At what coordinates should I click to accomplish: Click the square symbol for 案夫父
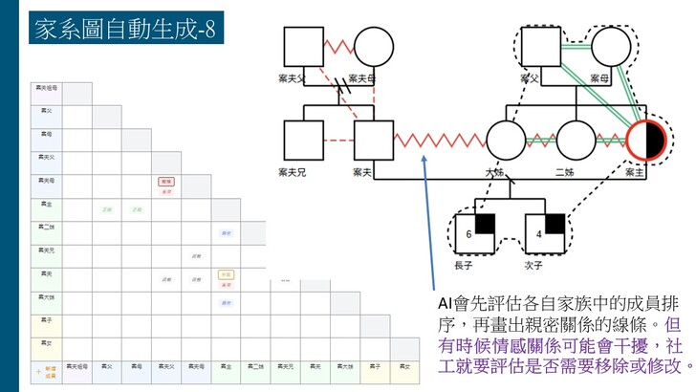pyautogui.click(x=302, y=46)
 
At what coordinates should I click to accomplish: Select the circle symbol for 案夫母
pyautogui.click(x=372, y=46)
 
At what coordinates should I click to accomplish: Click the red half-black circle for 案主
pyautogui.click(x=646, y=141)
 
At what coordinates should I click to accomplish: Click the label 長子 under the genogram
pyautogui.click(x=463, y=265)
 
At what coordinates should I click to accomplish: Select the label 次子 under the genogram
pyautogui.click(x=533, y=265)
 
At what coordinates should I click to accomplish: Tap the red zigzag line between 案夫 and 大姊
pyautogui.click(x=440, y=141)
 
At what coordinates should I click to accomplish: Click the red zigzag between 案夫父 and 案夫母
pyautogui.click(x=337, y=46)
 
